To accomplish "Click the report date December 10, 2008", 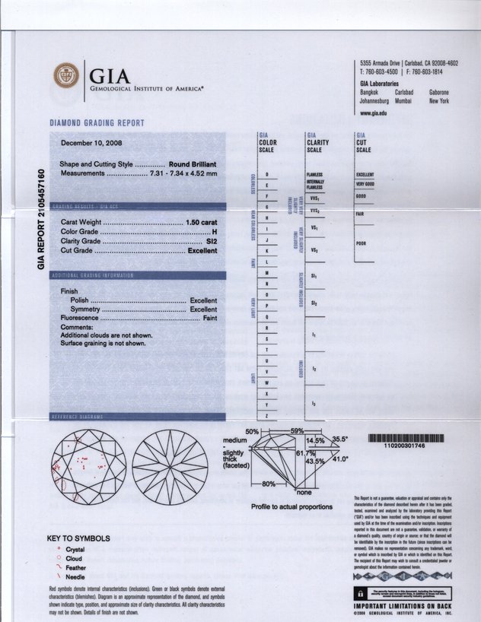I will point(91,143).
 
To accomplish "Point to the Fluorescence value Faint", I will point(207,319).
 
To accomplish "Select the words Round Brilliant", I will point(193,164).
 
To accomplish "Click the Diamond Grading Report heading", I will point(97,122).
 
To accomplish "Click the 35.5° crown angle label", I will point(339,440).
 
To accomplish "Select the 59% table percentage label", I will point(297,431).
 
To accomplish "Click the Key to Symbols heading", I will point(78,539).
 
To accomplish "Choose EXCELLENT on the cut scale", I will point(365,174).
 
